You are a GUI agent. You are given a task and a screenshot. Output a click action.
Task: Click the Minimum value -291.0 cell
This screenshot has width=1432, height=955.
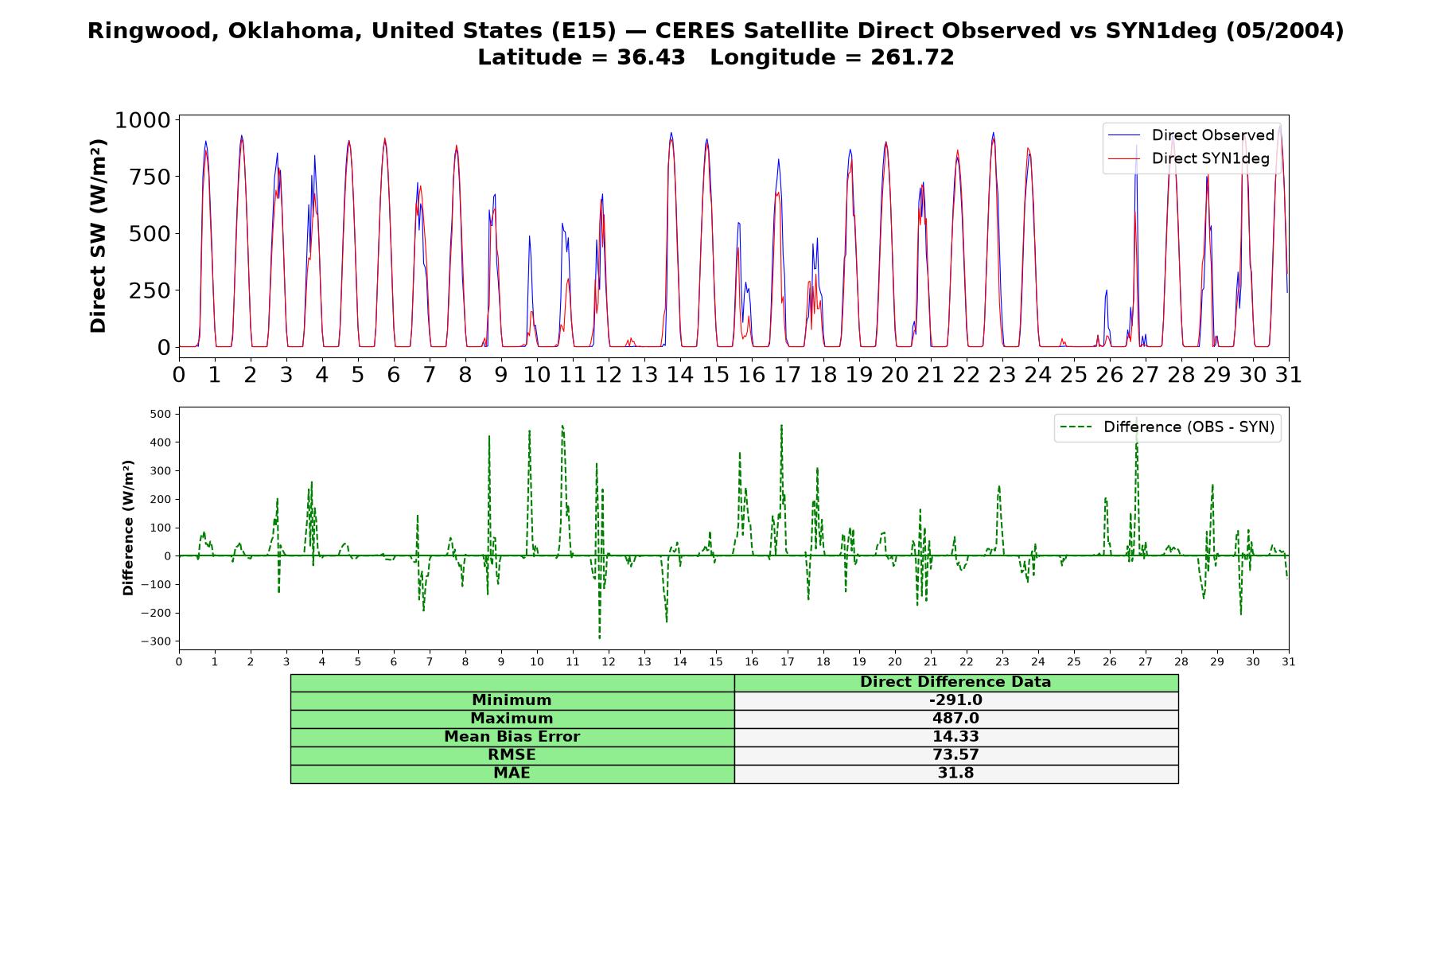point(955,700)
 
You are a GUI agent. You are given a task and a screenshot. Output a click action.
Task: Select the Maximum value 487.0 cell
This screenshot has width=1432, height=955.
point(955,719)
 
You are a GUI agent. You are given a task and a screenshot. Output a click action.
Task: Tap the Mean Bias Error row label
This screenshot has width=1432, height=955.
point(512,737)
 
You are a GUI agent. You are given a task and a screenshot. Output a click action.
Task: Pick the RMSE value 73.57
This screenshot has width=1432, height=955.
point(955,755)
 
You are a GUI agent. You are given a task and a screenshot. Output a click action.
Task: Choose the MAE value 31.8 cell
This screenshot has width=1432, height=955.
point(955,774)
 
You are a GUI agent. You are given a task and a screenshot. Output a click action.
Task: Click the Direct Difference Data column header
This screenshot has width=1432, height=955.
point(955,682)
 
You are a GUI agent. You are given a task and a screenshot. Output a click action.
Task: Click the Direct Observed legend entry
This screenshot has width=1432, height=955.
point(1191,135)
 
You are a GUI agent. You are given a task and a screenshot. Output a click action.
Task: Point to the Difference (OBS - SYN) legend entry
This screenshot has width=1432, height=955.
point(1167,427)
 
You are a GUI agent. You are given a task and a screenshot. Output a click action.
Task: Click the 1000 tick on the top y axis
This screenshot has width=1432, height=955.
point(143,120)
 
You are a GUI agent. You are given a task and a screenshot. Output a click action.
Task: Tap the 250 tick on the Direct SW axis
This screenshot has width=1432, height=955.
point(150,290)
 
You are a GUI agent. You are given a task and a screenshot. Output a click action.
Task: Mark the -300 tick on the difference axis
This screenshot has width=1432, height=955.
point(156,641)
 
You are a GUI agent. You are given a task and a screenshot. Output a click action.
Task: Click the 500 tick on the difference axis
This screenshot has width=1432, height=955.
point(161,414)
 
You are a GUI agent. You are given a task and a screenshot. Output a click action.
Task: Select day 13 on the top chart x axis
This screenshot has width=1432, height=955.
point(644,374)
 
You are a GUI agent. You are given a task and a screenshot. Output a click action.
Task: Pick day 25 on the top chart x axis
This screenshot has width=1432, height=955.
point(1074,374)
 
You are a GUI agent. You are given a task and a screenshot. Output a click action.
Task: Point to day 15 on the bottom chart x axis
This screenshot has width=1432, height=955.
point(716,661)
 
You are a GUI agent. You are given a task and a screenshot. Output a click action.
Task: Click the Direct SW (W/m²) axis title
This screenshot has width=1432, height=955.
point(98,236)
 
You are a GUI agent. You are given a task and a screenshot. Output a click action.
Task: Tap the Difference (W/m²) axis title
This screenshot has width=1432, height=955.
point(128,528)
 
